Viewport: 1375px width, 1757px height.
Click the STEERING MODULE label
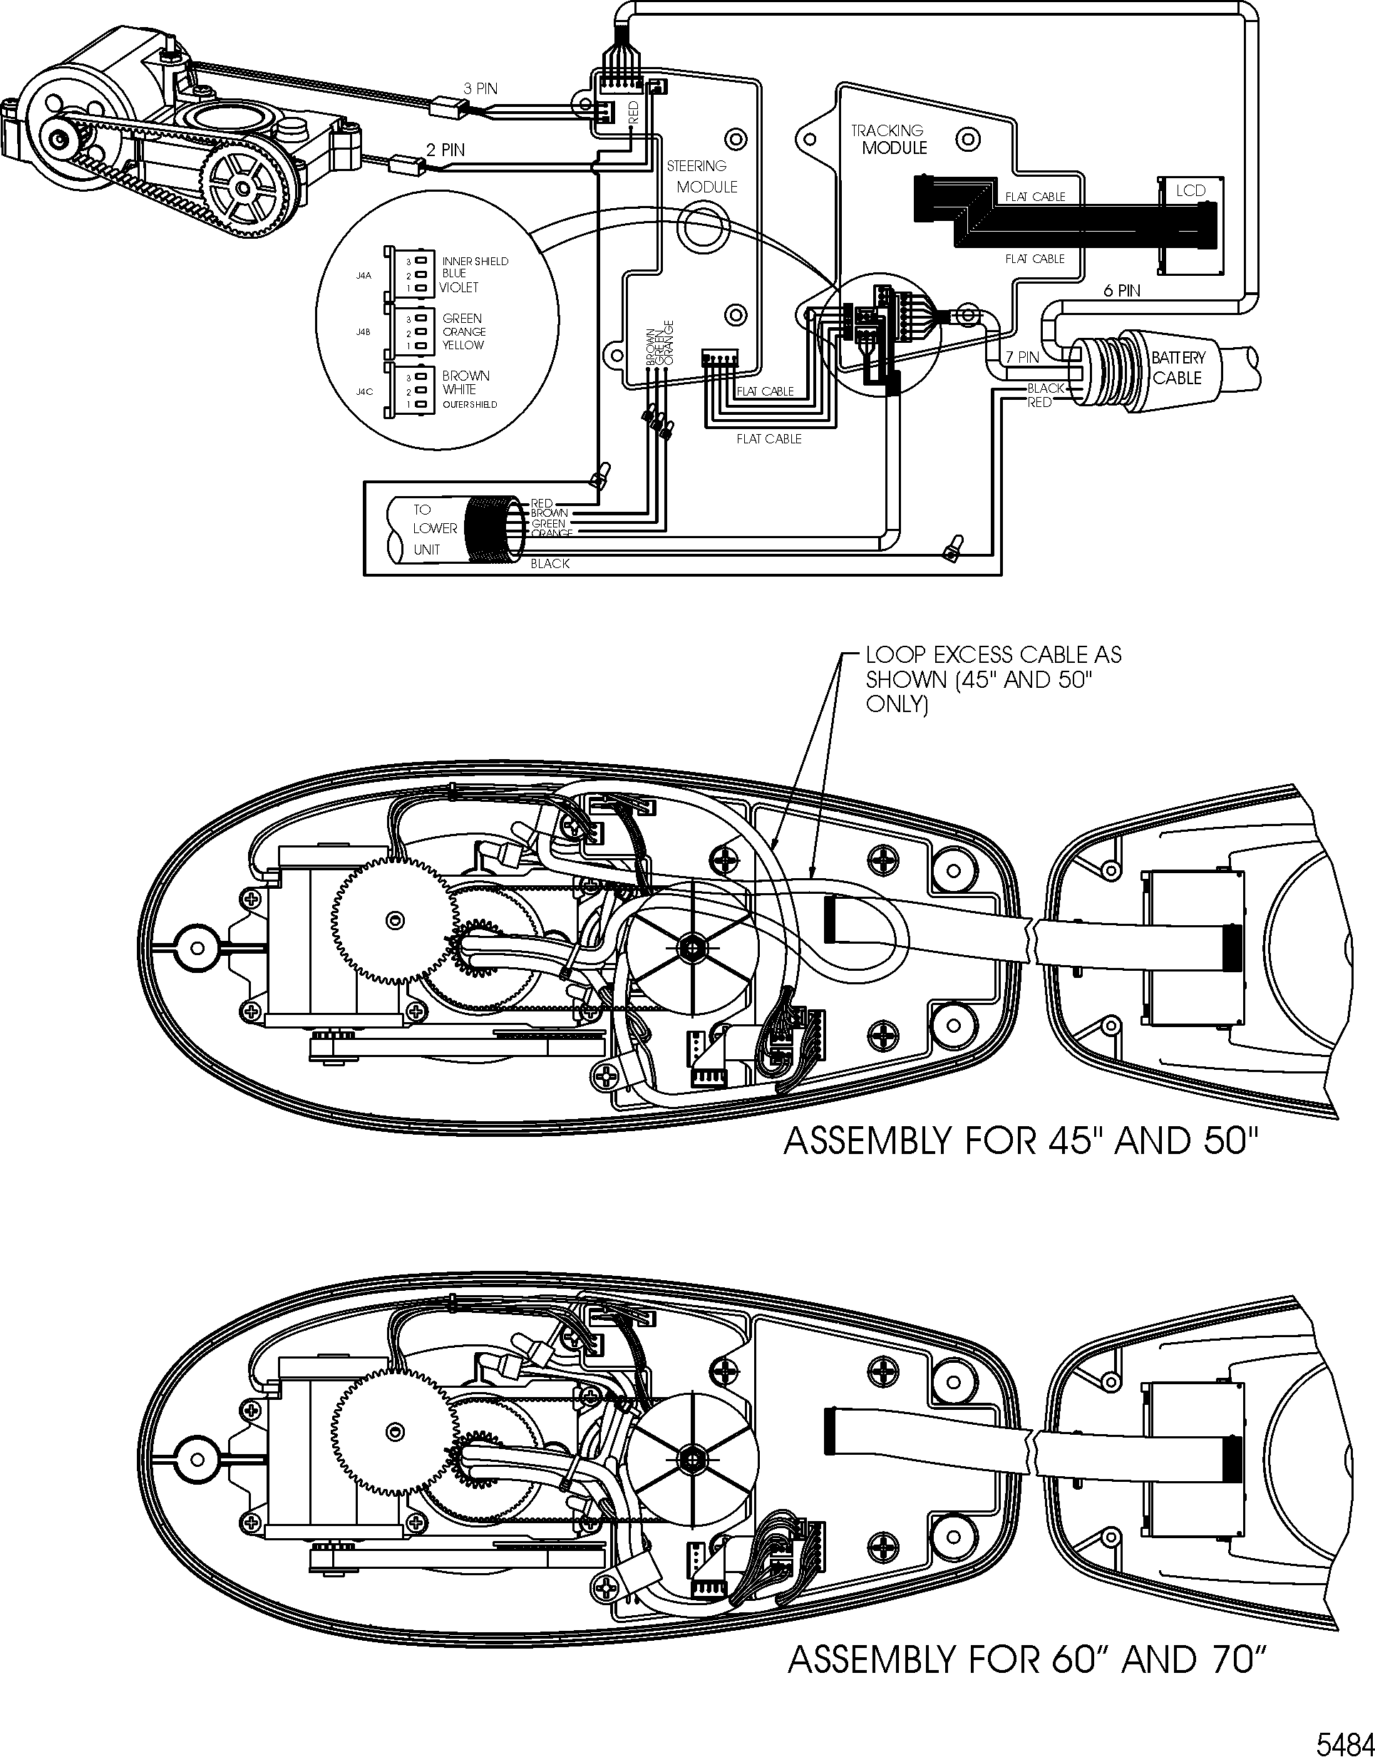701,176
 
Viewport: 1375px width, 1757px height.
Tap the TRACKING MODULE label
890,138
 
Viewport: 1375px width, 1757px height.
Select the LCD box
1190,191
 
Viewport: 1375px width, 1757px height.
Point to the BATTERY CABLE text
1177,368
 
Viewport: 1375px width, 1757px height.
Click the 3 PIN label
480,88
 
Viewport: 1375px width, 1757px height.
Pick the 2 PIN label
446,150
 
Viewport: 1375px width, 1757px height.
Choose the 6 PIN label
1121,291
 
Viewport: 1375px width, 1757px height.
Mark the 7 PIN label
1022,356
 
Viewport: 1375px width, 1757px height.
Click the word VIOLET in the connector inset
459,287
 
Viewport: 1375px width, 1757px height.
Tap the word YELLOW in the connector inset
463,345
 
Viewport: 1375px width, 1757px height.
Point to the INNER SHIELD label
475,262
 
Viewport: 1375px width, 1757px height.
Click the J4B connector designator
363,331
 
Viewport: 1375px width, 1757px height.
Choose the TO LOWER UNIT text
433,530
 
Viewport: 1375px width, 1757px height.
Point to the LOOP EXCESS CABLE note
992,679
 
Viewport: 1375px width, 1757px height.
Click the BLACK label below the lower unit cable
550,563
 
